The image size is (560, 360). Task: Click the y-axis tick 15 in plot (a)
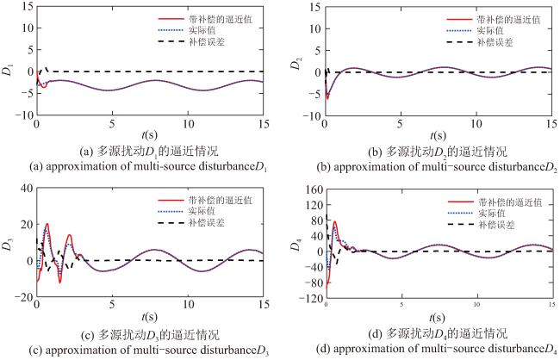28,6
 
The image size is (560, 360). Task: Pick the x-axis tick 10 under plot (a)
188,124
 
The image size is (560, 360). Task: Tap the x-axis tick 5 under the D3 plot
112,304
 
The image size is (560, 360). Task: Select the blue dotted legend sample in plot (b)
459,31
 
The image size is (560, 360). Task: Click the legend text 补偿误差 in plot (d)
496,225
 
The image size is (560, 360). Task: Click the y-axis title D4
296,245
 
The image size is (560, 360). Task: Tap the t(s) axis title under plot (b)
439,135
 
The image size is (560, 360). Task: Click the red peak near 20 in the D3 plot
47,224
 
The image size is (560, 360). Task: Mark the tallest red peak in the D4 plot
334,222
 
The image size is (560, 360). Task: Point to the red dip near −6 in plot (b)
327,98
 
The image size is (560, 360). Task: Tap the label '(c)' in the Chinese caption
88,335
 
